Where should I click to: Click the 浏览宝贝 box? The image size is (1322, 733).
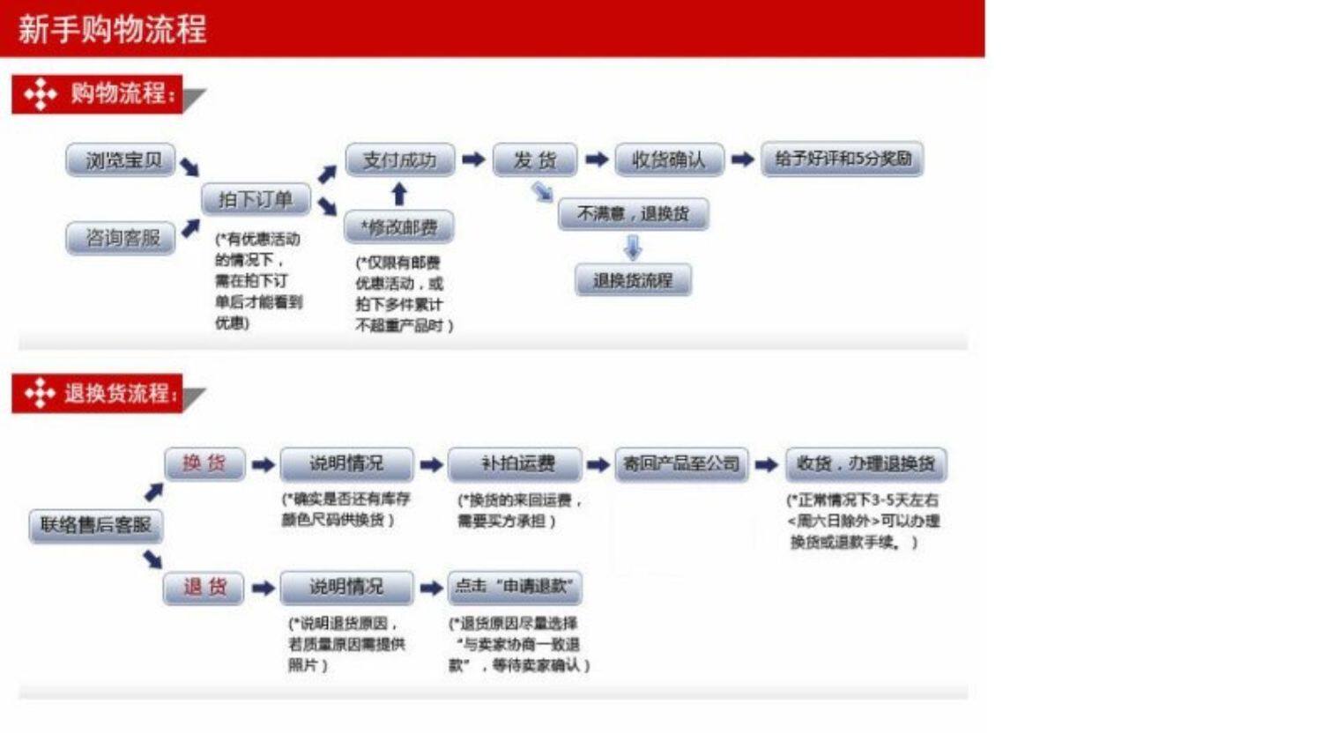click(121, 160)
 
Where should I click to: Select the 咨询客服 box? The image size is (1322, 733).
click(121, 238)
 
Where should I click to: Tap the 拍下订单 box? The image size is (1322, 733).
click(256, 200)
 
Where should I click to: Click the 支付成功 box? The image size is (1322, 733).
click(399, 160)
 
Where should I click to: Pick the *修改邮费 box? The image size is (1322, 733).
click(398, 227)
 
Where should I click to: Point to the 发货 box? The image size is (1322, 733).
click(535, 160)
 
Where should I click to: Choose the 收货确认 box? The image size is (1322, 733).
click(669, 160)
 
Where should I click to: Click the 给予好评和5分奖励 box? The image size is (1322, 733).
click(843, 159)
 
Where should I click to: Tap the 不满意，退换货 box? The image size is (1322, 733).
click(633, 213)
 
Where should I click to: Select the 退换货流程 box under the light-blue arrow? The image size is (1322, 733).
click(633, 281)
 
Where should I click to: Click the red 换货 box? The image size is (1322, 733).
click(204, 463)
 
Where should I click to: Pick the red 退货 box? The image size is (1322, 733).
click(204, 588)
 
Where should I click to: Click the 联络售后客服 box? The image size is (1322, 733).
click(96, 525)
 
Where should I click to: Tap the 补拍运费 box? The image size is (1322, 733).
click(516, 464)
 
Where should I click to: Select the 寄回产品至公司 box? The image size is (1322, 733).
click(681, 464)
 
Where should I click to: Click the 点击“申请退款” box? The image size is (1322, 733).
click(515, 587)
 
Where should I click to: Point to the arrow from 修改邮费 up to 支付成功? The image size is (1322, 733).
click(399, 195)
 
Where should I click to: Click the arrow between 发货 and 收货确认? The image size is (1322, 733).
click(597, 159)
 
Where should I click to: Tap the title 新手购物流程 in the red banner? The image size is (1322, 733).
click(112, 29)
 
